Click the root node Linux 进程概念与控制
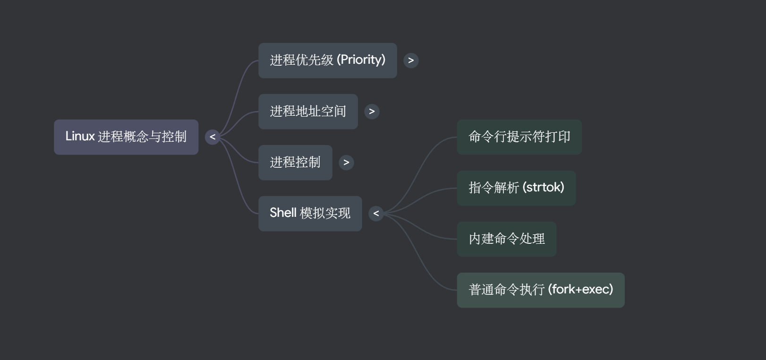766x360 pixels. pos(126,137)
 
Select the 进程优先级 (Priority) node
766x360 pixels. pos(327,60)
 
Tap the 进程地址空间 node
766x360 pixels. pos(308,111)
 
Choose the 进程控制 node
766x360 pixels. pos(295,163)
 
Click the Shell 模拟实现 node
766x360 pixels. pos(310,214)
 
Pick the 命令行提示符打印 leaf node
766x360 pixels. pos(519,137)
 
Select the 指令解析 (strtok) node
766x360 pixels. pos(516,188)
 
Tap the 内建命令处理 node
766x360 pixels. pos(506,239)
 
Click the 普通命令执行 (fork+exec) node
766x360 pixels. pos(540,290)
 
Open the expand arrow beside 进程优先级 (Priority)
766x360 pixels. pos(411,60)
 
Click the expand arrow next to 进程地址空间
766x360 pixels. pos(372,111)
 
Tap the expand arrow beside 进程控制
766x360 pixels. pos(346,163)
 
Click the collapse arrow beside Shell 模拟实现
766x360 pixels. pos(376,214)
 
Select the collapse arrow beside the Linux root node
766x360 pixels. pos(213,137)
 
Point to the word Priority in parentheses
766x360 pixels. pos(362,60)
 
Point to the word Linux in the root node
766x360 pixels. pos(80,137)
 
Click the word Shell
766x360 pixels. pos(283,213)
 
